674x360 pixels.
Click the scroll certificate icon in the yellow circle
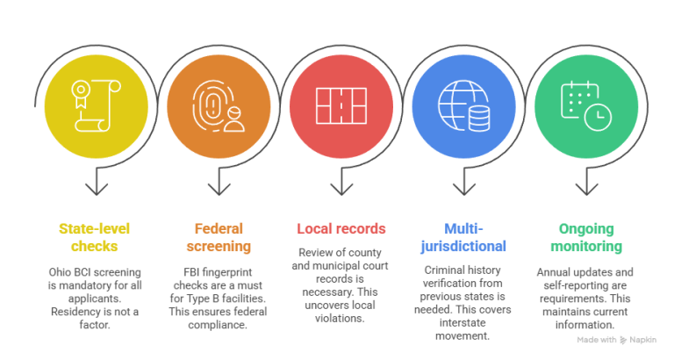(96, 106)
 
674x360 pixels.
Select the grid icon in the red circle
(341, 106)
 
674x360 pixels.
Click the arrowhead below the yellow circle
(97, 189)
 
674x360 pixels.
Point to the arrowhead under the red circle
(341, 189)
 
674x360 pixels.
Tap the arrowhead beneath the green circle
(587, 189)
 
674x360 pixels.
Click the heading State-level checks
(94, 237)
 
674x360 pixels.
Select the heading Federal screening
(219, 237)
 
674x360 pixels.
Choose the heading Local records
(341, 229)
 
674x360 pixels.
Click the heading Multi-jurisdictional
(463, 237)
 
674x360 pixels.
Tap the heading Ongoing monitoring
(586, 237)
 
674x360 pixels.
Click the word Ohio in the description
(59, 272)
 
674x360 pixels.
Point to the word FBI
(191, 272)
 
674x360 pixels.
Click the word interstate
(462, 322)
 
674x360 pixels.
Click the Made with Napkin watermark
(617, 340)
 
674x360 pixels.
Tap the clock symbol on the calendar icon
(598, 117)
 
